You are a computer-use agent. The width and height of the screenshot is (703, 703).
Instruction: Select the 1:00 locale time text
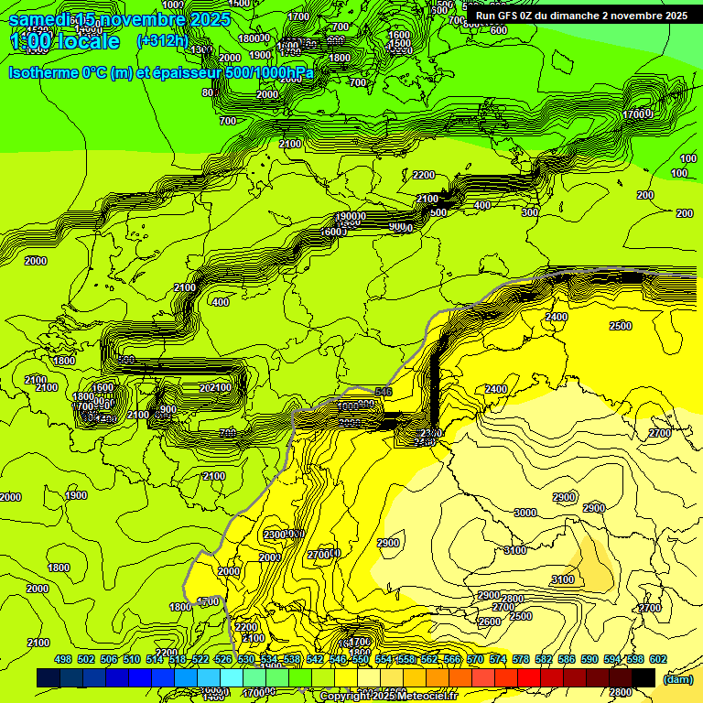64,41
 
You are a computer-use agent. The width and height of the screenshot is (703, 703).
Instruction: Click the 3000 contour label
525,514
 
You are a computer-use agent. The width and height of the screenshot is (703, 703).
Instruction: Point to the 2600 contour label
490,622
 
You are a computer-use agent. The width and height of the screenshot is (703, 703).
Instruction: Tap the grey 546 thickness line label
383,392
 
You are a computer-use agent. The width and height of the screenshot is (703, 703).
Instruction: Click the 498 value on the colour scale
63,659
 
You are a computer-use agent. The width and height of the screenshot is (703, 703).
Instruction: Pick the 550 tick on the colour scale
360,659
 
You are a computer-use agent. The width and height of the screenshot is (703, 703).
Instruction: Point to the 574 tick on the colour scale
497,659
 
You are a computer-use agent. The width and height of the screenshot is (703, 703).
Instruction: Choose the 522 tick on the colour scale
200,659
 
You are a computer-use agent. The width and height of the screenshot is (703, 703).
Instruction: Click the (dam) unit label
677,678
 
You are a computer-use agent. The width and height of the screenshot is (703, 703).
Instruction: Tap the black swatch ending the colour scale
644,677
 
